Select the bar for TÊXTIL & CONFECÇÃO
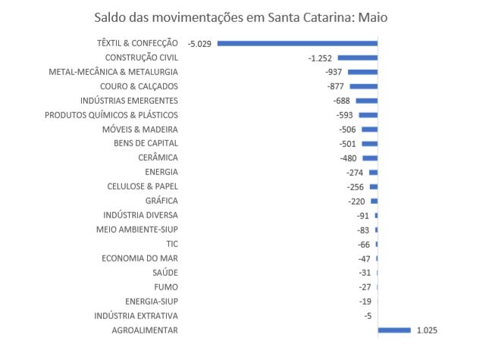click(x=297, y=43)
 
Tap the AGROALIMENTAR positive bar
click(x=394, y=330)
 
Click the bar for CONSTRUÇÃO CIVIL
click(x=357, y=58)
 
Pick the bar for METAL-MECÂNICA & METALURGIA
click(x=362, y=72)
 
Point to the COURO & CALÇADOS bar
click(x=363, y=86)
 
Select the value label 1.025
click(x=427, y=330)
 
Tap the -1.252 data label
click(x=321, y=58)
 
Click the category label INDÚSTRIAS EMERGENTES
click(x=129, y=101)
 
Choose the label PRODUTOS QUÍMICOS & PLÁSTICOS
click(x=111, y=115)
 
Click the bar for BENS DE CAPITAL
click(x=369, y=144)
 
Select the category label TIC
click(x=171, y=244)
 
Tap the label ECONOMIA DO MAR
click(x=140, y=258)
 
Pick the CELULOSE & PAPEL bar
click(x=373, y=186)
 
